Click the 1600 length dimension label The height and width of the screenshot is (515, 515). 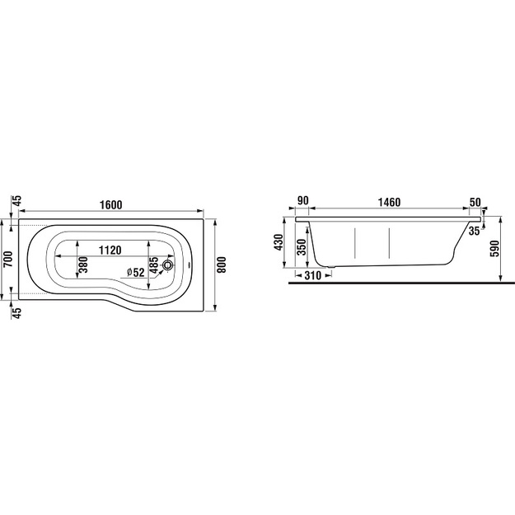(110, 204)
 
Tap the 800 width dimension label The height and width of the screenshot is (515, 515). (222, 265)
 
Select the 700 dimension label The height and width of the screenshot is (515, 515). (7, 259)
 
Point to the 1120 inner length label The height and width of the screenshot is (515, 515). (110, 250)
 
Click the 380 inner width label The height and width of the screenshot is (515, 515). (83, 265)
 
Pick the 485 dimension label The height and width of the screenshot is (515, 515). (154, 265)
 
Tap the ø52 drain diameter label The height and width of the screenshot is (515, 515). (136, 272)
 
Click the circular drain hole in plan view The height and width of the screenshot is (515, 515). (167, 265)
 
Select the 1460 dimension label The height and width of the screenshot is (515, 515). (389, 202)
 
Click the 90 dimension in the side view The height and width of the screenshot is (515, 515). (303, 200)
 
